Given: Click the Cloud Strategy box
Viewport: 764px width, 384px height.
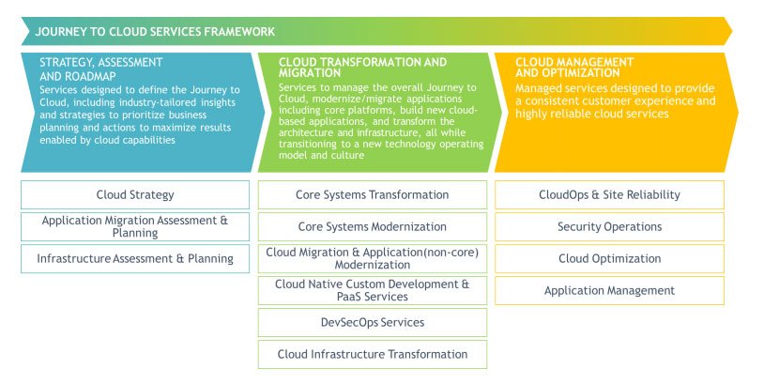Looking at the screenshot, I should [135, 195].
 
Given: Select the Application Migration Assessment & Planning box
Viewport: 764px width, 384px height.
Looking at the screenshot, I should [135, 226].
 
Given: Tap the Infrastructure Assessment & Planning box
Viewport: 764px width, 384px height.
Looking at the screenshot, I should [135, 258].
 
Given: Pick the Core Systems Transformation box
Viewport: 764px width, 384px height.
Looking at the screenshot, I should [373, 195].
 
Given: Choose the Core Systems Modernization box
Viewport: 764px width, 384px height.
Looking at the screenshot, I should [373, 226].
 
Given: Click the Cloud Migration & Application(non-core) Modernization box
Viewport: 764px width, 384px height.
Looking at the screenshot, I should [373, 258].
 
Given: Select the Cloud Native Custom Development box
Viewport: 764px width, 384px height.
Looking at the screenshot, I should [373, 290].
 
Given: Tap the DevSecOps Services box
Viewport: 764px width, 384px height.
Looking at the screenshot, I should [373, 322].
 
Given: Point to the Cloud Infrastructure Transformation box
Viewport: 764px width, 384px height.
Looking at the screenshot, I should [373, 354].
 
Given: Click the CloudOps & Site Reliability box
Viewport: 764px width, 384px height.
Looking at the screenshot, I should [609, 195].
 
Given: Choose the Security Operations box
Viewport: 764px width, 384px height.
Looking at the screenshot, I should [609, 226].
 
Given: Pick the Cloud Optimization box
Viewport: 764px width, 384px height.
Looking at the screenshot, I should [609, 258].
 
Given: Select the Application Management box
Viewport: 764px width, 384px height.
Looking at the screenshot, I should [609, 291].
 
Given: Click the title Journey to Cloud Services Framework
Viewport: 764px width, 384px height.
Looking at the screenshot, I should [155, 32].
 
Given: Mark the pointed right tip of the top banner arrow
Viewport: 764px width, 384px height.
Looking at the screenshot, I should [731, 31].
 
